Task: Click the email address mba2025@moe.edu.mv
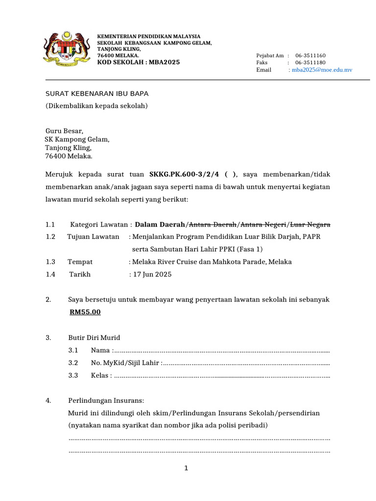(322, 70)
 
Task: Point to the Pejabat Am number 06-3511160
(310, 56)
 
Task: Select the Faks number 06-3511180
(310, 63)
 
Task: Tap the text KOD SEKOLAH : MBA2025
(139, 62)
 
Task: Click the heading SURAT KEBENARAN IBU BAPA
(97, 93)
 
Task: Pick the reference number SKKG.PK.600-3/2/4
(185, 174)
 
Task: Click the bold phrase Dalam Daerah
(160, 225)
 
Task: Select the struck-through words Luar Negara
(310, 225)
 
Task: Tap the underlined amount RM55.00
(85, 312)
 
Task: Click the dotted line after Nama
(222, 350)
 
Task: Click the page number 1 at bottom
(186, 469)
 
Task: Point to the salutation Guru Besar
(65, 131)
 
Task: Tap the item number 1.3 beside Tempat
(50, 262)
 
